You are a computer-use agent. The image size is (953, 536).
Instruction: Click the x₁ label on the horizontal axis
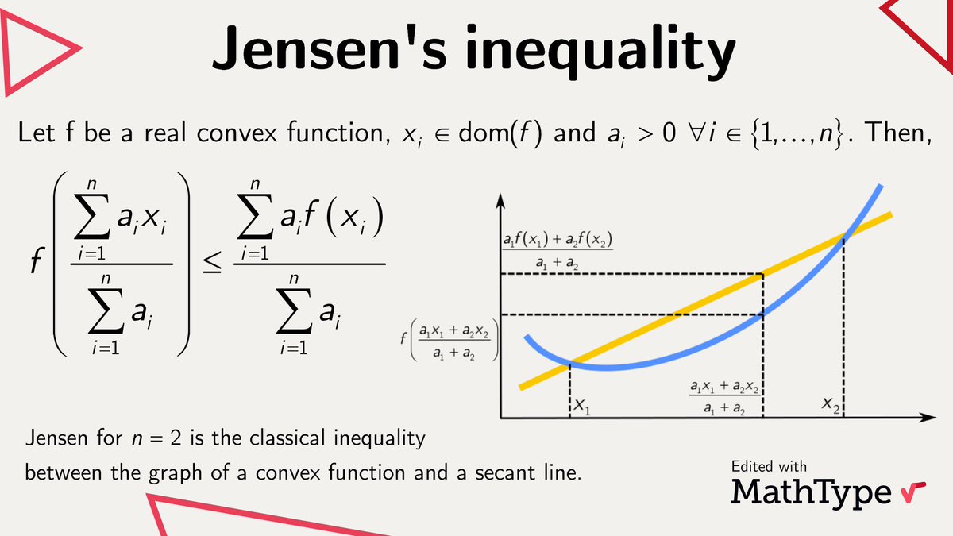coord(583,408)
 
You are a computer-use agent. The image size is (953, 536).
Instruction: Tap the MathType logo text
coord(812,492)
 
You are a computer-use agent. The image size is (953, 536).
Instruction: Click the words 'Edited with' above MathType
coord(769,466)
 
